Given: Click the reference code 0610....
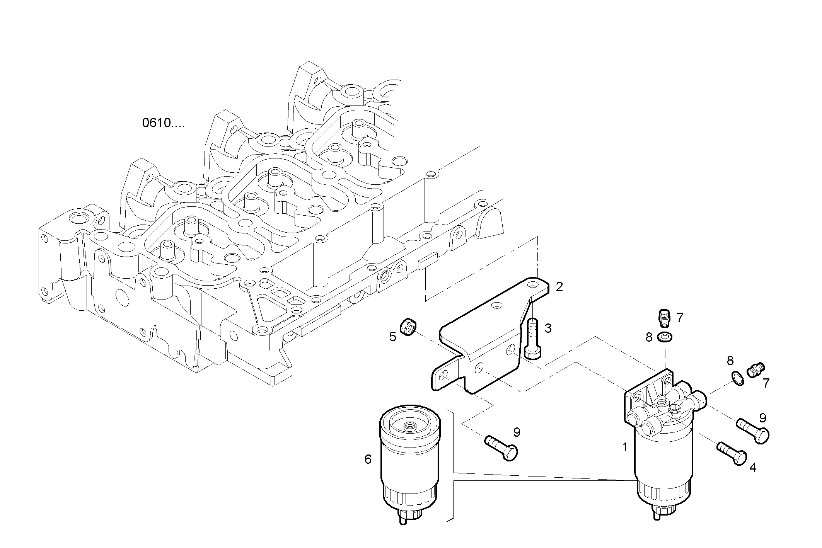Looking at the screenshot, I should tap(163, 123).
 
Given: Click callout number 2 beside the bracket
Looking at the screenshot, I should tap(559, 287).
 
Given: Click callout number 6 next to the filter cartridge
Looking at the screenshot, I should tap(368, 459).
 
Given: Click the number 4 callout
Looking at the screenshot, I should tap(752, 468).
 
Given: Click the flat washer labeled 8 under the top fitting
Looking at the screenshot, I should tap(665, 337).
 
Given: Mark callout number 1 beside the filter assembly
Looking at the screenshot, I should tap(624, 447).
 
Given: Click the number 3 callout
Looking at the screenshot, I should tap(548, 328).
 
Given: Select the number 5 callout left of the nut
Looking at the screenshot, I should tap(392, 337).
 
